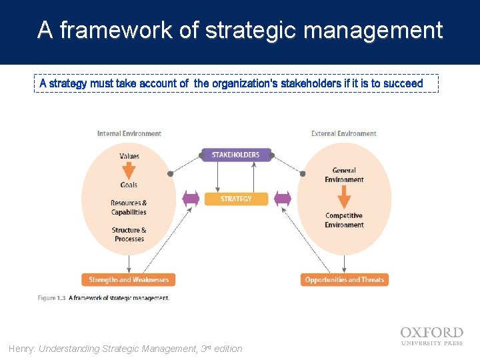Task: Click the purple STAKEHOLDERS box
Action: tap(235, 155)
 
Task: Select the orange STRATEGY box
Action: tap(235, 199)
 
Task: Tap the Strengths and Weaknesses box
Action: tap(129, 280)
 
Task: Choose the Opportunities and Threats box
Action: tap(344, 280)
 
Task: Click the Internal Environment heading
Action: tap(129, 134)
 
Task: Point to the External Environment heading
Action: tap(343, 134)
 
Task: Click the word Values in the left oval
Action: tap(129, 157)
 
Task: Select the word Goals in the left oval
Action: tap(129, 185)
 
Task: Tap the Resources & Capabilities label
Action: tap(129, 207)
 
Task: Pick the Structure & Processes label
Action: tap(129, 235)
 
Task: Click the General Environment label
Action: tap(344, 175)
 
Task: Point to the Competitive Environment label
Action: tap(344, 220)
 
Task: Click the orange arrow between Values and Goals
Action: tap(129, 171)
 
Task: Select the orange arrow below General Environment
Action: tap(344, 197)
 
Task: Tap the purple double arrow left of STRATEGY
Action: tap(191, 199)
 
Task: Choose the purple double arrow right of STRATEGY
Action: tap(283, 199)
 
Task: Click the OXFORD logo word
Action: tap(431, 333)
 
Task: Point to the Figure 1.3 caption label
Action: tap(51, 298)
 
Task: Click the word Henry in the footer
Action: tap(22, 349)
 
